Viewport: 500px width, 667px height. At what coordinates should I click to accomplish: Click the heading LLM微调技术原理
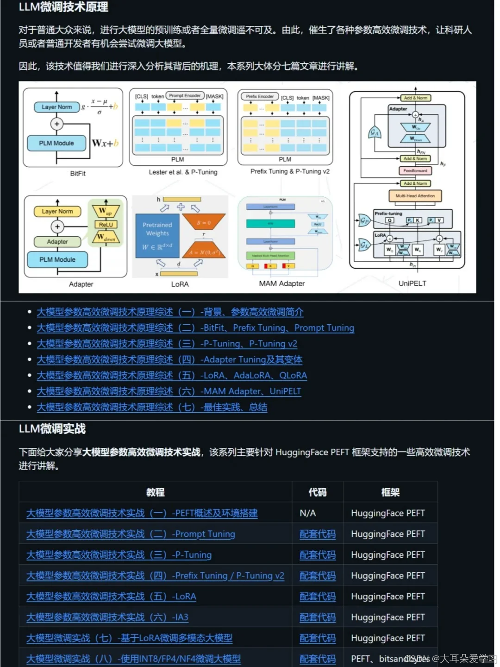click(x=63, y=7)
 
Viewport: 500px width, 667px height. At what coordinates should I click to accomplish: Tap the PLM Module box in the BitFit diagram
click(x=56, y=143)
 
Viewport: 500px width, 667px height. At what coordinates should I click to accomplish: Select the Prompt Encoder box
click(x=185, y=95)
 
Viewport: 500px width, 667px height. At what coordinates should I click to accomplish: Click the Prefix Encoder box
click(x=259, y=96)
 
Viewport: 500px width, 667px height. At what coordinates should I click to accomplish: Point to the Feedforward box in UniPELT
click(x=415, y=170)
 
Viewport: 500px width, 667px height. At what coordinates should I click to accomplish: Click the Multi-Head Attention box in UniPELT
click(x=415, y=196)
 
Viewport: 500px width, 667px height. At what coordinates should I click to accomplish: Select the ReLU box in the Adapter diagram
click(x=106, y=225)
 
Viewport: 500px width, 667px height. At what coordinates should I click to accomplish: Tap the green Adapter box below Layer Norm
click(x=57, y=242)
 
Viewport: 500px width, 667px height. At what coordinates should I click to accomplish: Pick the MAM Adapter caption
click(x=281, y=283)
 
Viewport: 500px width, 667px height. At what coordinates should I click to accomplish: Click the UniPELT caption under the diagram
click(x=412, y=283)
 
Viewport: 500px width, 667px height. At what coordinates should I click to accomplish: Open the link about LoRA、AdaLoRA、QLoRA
click(x=172, y=376)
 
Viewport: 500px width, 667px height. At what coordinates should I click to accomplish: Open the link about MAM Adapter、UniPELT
click(x=169, y=391)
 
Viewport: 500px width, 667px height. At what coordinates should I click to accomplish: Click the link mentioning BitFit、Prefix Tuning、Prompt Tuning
click(x=195, y=328)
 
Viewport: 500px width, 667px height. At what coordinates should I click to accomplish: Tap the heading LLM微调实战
click(x=52, y=429)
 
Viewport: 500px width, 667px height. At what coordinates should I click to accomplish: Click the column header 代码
click(x=318, y=492)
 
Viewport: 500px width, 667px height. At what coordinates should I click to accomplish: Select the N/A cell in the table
click(x=308, y=513)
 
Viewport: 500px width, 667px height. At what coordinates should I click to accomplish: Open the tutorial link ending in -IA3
click(x=107, y=617)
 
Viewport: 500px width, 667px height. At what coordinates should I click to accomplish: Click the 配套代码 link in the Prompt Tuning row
click(x=318, y=534)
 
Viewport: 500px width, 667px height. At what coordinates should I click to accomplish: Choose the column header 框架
click(x=390, y=492)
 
